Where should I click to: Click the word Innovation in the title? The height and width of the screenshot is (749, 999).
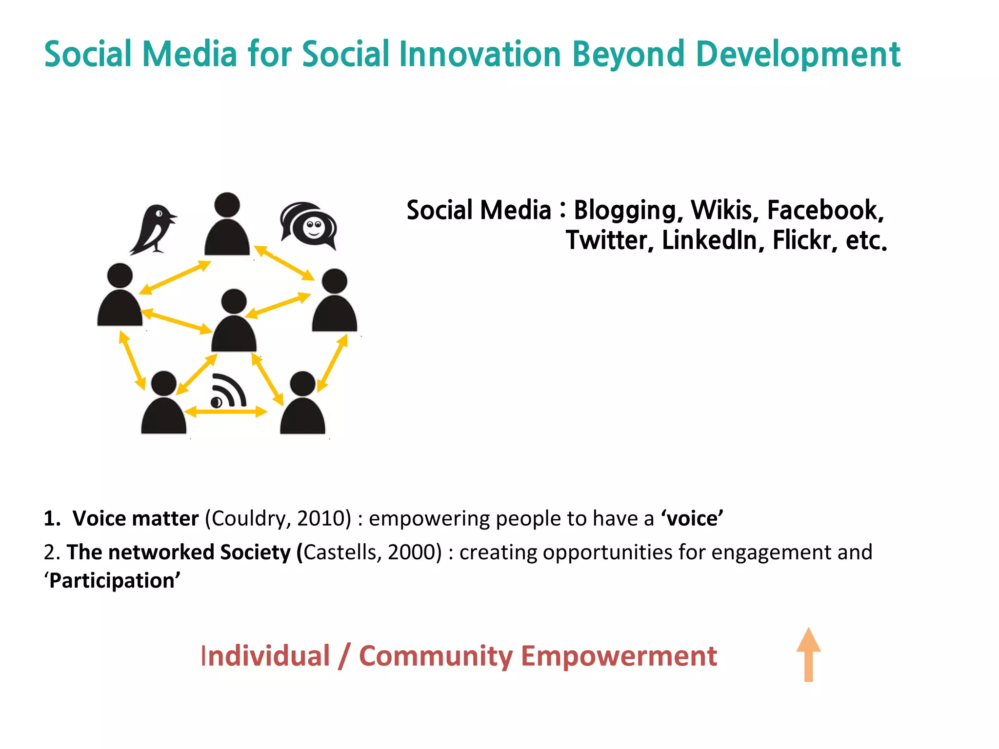(480, 54)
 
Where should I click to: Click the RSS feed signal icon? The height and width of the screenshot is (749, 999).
(228, 392)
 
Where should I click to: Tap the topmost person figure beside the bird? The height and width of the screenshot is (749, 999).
(227, 225)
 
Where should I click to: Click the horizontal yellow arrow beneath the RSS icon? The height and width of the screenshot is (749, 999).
(226, 413)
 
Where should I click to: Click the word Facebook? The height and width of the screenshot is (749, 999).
(825, 210)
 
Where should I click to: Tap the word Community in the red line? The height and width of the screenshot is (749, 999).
(436, 656)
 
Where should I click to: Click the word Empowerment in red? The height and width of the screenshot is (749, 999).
(619, 656)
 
